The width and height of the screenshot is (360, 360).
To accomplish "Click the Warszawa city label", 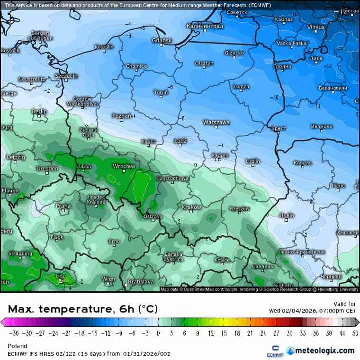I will tap(216, 122).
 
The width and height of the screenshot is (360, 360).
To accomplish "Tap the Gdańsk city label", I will tap(162, 40).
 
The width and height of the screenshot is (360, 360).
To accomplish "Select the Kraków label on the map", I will tap(191, 207).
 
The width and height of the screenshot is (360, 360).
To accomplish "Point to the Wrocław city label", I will tap(124, 166).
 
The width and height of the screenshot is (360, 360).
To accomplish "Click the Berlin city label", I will tap(39, 111).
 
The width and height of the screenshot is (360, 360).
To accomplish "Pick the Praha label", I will tap(63, 206).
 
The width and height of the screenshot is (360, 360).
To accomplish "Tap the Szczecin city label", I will tap(66, 76).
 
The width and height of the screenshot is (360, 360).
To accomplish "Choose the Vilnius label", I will tap(315, 27).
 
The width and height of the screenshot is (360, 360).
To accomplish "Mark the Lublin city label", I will tap(253, 161).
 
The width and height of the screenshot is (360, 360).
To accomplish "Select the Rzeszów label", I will tap(239, 208).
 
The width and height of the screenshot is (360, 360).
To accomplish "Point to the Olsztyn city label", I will tap(204, 63).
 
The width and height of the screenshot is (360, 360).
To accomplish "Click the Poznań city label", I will tap(122, 116).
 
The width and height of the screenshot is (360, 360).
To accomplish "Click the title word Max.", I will tap(21, 309).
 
